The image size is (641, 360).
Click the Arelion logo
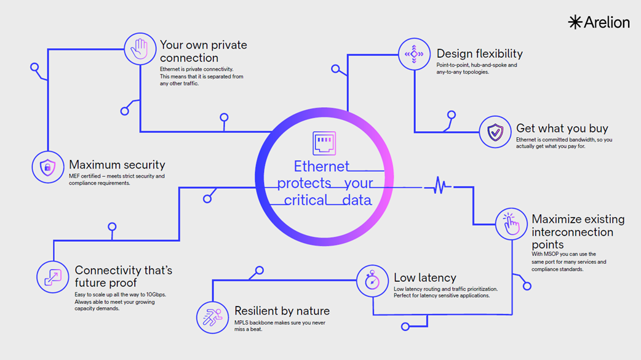coord(599,22)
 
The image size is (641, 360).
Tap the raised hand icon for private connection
coord(140,49)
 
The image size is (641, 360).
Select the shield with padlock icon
coord(48,167)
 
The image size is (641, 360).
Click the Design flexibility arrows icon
coord(414,54)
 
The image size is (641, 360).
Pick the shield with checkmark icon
coord(495,132)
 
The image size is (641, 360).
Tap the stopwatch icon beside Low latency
coord(372,281)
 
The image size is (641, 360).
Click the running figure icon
coord(212,317)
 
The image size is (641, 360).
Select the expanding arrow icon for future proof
coord(53,277)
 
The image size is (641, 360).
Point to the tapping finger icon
coord(511,224)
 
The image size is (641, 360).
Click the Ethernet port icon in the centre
coord(324,143)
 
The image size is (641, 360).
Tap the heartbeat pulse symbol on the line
coord(438,185)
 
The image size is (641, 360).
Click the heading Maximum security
coord(117,164)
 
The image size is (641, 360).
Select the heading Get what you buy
coord(562,129)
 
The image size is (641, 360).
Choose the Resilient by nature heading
coord(282,311)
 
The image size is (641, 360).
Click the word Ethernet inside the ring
coord(321,167)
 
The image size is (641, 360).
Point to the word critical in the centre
coord(305,200)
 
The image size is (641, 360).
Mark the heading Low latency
coord(424,278)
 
